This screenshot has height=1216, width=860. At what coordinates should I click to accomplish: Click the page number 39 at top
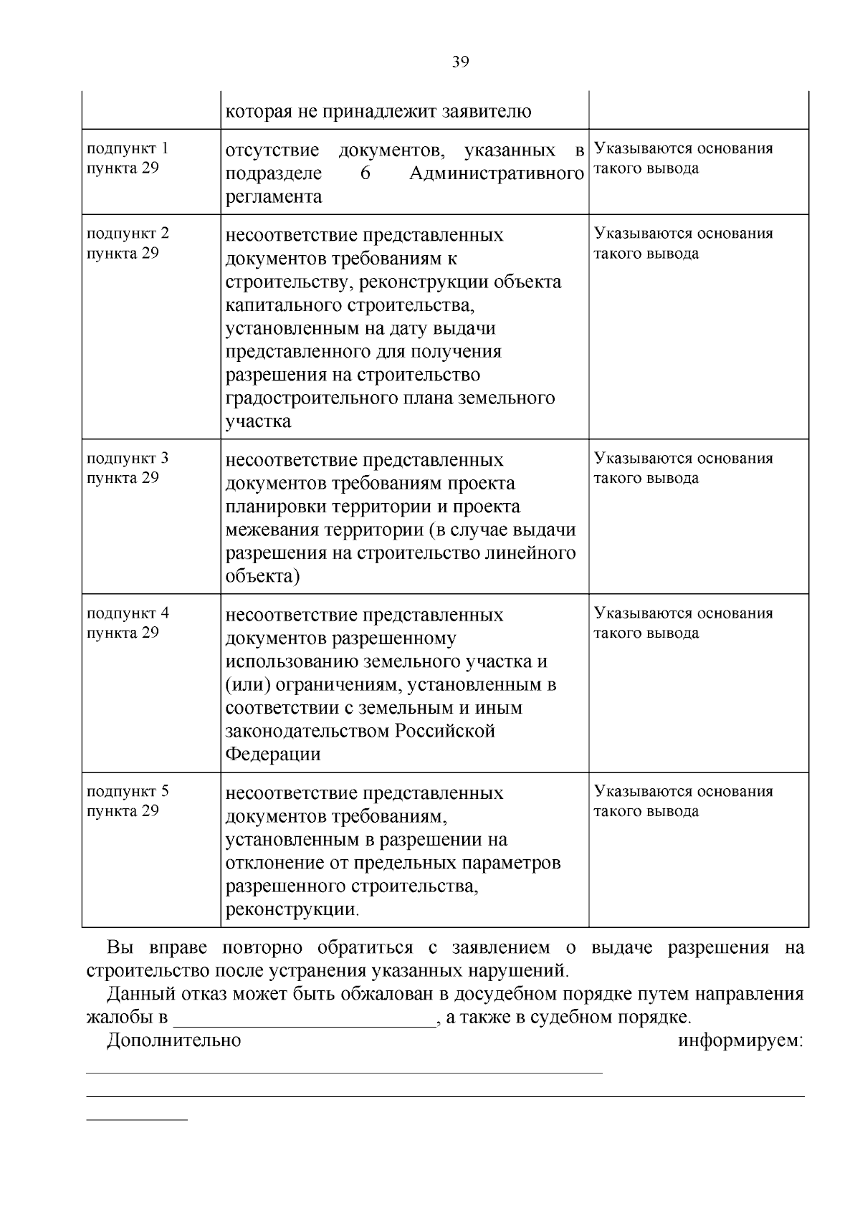[x=460, y=62]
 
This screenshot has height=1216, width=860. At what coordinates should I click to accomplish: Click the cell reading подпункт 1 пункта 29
[x=127, y=158]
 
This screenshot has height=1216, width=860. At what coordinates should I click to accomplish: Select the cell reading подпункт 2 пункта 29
[x=127, y=243]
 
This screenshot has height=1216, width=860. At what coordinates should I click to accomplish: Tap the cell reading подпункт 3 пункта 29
[x=127, y=468]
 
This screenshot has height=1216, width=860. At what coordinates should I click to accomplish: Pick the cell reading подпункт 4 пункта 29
[x=127, y=623]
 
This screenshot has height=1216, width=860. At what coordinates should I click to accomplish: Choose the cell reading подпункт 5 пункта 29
[x=127, y=801]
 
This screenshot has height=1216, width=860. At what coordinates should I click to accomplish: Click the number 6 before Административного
[x=364, y=174]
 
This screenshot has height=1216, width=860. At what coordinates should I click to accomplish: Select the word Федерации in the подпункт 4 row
[x=273, y=755]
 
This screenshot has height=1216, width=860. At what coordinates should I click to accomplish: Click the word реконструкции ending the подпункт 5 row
[x=290, y=910]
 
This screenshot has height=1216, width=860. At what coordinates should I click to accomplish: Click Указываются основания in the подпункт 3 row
[x=683, y=459]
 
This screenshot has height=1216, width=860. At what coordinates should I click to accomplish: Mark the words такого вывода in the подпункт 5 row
[x=646, y=811]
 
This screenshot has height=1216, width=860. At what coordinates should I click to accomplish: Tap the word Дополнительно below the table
[x=173, y=1040]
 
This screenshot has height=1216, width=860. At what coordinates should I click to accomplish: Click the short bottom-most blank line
[x=136, y=1119]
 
